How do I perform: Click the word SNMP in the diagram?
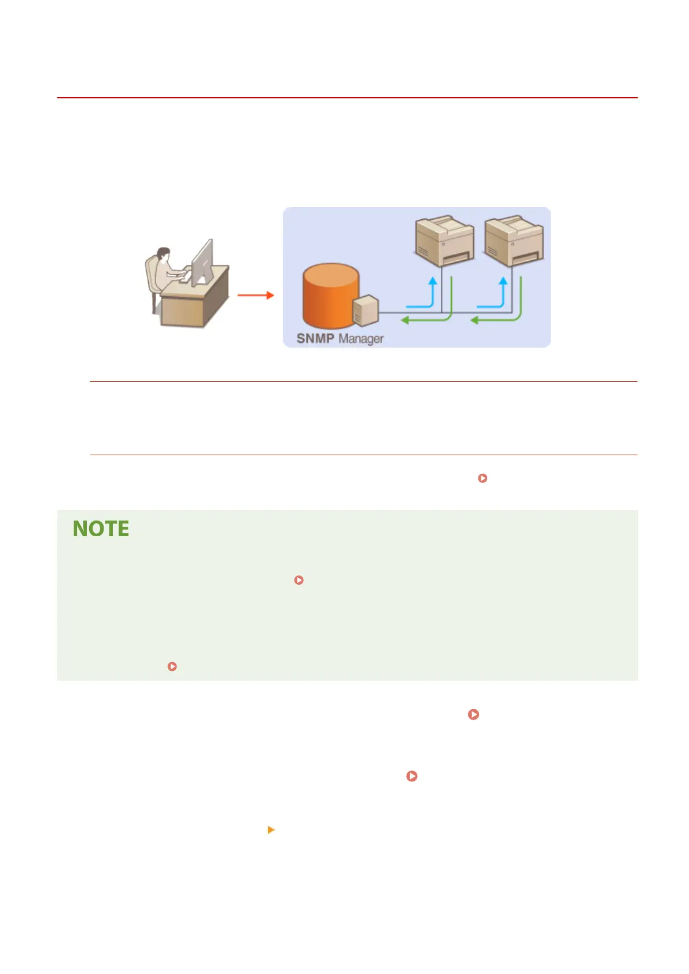(x=315, y=338)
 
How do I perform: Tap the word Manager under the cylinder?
(x=361, y=339)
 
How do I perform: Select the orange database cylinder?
(x=329, y=295)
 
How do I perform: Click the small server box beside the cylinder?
(x=366, y=310)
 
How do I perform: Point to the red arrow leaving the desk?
(x=255, y=295)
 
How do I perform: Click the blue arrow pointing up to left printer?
(x=431, y=292)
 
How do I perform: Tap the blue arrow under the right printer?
(x=502, y=292)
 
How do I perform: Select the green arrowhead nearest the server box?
(x=406, y=320)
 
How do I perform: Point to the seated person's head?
(x=164, y=254)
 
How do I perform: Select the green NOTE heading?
(x=101, y=529)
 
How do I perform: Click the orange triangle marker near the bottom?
(x=271, y=830)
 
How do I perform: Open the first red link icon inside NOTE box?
(x=299, y=580)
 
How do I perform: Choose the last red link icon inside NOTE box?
(x=172, y=666)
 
